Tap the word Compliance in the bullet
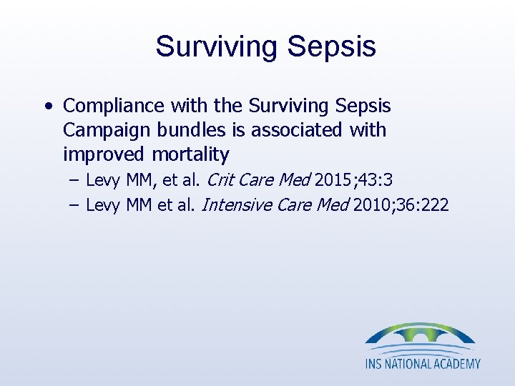pyautogui.click(x=114, y=107)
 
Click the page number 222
pyautogui.click(x=435, y=206)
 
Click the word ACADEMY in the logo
pyautogui.click(x=456, y=363)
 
